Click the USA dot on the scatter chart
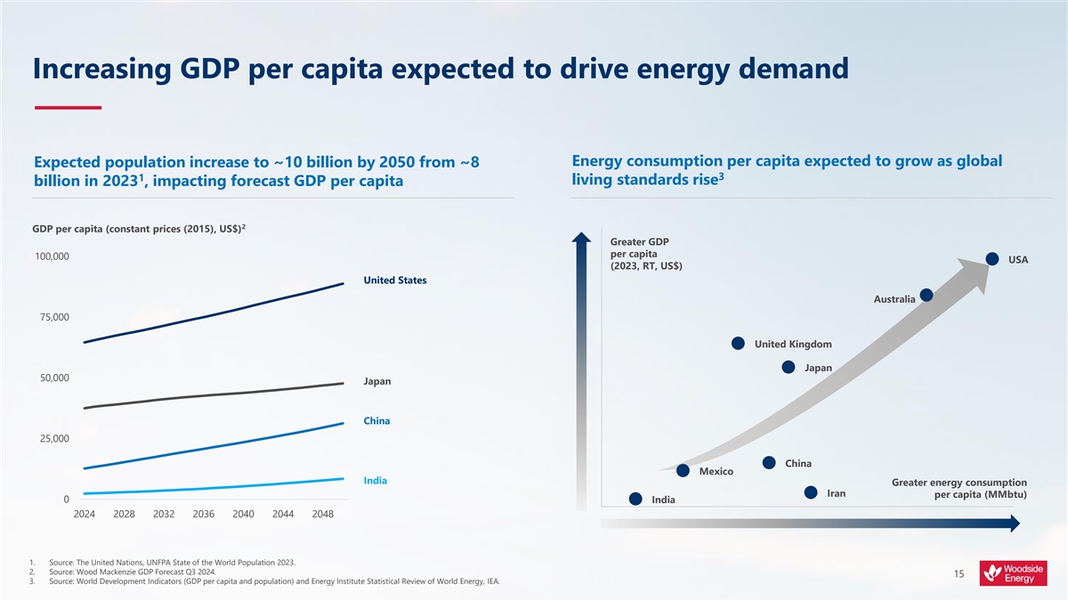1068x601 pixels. (993, 259)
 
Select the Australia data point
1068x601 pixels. (926, 295)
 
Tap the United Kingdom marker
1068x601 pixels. (738, 344)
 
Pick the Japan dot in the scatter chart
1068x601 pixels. (788, 367)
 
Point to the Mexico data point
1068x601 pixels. (683, 470)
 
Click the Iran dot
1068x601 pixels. (811, 492)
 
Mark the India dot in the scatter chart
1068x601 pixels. (635, 499)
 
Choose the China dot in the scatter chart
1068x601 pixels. (769, 462)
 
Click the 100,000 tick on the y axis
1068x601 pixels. (53, 257)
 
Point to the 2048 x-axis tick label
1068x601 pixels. (323, 514)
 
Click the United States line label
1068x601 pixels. (394, 280)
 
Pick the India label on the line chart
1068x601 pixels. (375, 481)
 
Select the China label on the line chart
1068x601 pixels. (376, 420)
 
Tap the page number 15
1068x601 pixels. (959, 575)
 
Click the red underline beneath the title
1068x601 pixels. (68, 108)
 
